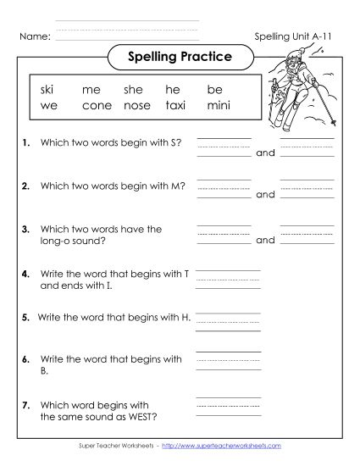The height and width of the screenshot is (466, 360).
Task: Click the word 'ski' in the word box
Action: (46, 89)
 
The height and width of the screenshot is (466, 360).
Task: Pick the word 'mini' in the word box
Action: (218, 107)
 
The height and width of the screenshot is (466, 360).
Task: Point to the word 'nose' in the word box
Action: (136, 107)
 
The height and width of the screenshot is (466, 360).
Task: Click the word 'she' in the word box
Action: (134, 89)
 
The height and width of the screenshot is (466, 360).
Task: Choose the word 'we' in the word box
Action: (47, 107)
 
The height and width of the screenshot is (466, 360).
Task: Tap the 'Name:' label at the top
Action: (34, 37)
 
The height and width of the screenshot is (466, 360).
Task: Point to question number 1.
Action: (26, 144)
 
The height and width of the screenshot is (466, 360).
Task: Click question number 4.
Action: (26, 274)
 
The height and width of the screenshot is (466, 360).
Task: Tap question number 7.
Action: (26, 404)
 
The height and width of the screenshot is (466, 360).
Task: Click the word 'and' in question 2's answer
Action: (265, 195)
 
